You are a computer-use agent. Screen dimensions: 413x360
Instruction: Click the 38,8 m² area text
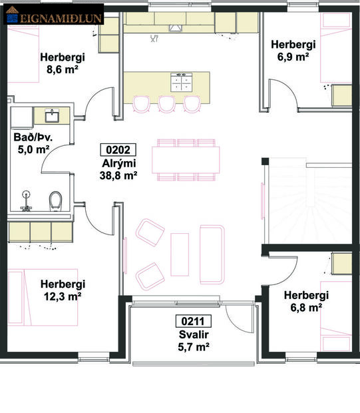point(120,176)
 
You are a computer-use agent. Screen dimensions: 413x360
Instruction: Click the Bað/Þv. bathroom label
point(33,138)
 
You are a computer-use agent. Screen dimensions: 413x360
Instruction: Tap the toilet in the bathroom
point(56,199)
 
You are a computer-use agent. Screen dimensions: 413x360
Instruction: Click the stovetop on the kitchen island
point(180,83)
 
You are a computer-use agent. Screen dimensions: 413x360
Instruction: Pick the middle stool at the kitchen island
point(167,103)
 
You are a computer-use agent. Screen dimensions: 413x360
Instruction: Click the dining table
point(186,159)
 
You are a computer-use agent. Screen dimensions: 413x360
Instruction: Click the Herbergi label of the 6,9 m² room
point(292,45)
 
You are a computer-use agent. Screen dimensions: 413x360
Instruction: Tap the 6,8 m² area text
point(305,308)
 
